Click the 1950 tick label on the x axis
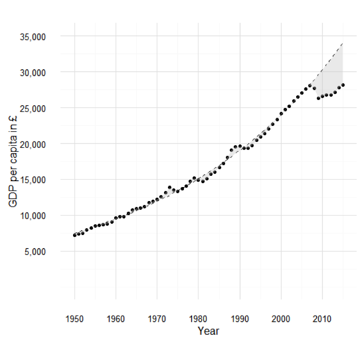point(75,319)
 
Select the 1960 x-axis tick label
point(116,319)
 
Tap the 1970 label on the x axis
point(157,319)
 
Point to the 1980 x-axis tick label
point(198,319)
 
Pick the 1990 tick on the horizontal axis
point(240,319)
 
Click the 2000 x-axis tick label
point(281,319)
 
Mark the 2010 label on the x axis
point(322,319)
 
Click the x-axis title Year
point(208,331)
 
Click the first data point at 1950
point(75,235)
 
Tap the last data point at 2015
point(343,85)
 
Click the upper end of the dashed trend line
point(343,44)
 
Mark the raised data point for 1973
point(169,188)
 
